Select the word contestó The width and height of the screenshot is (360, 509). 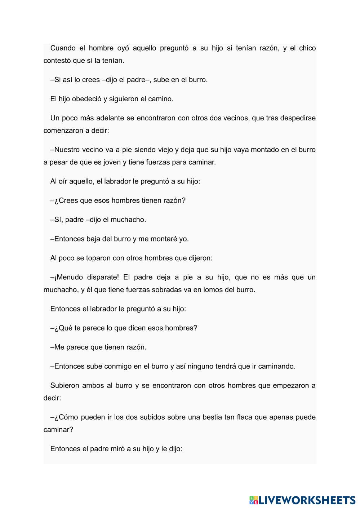pyautogui.click(x=57, y=61)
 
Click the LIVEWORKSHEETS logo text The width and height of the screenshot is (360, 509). pyautogui.click(x=307, y=500)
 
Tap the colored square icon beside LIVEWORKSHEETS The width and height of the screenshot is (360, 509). pyautogui.click(x=253, y=500)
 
